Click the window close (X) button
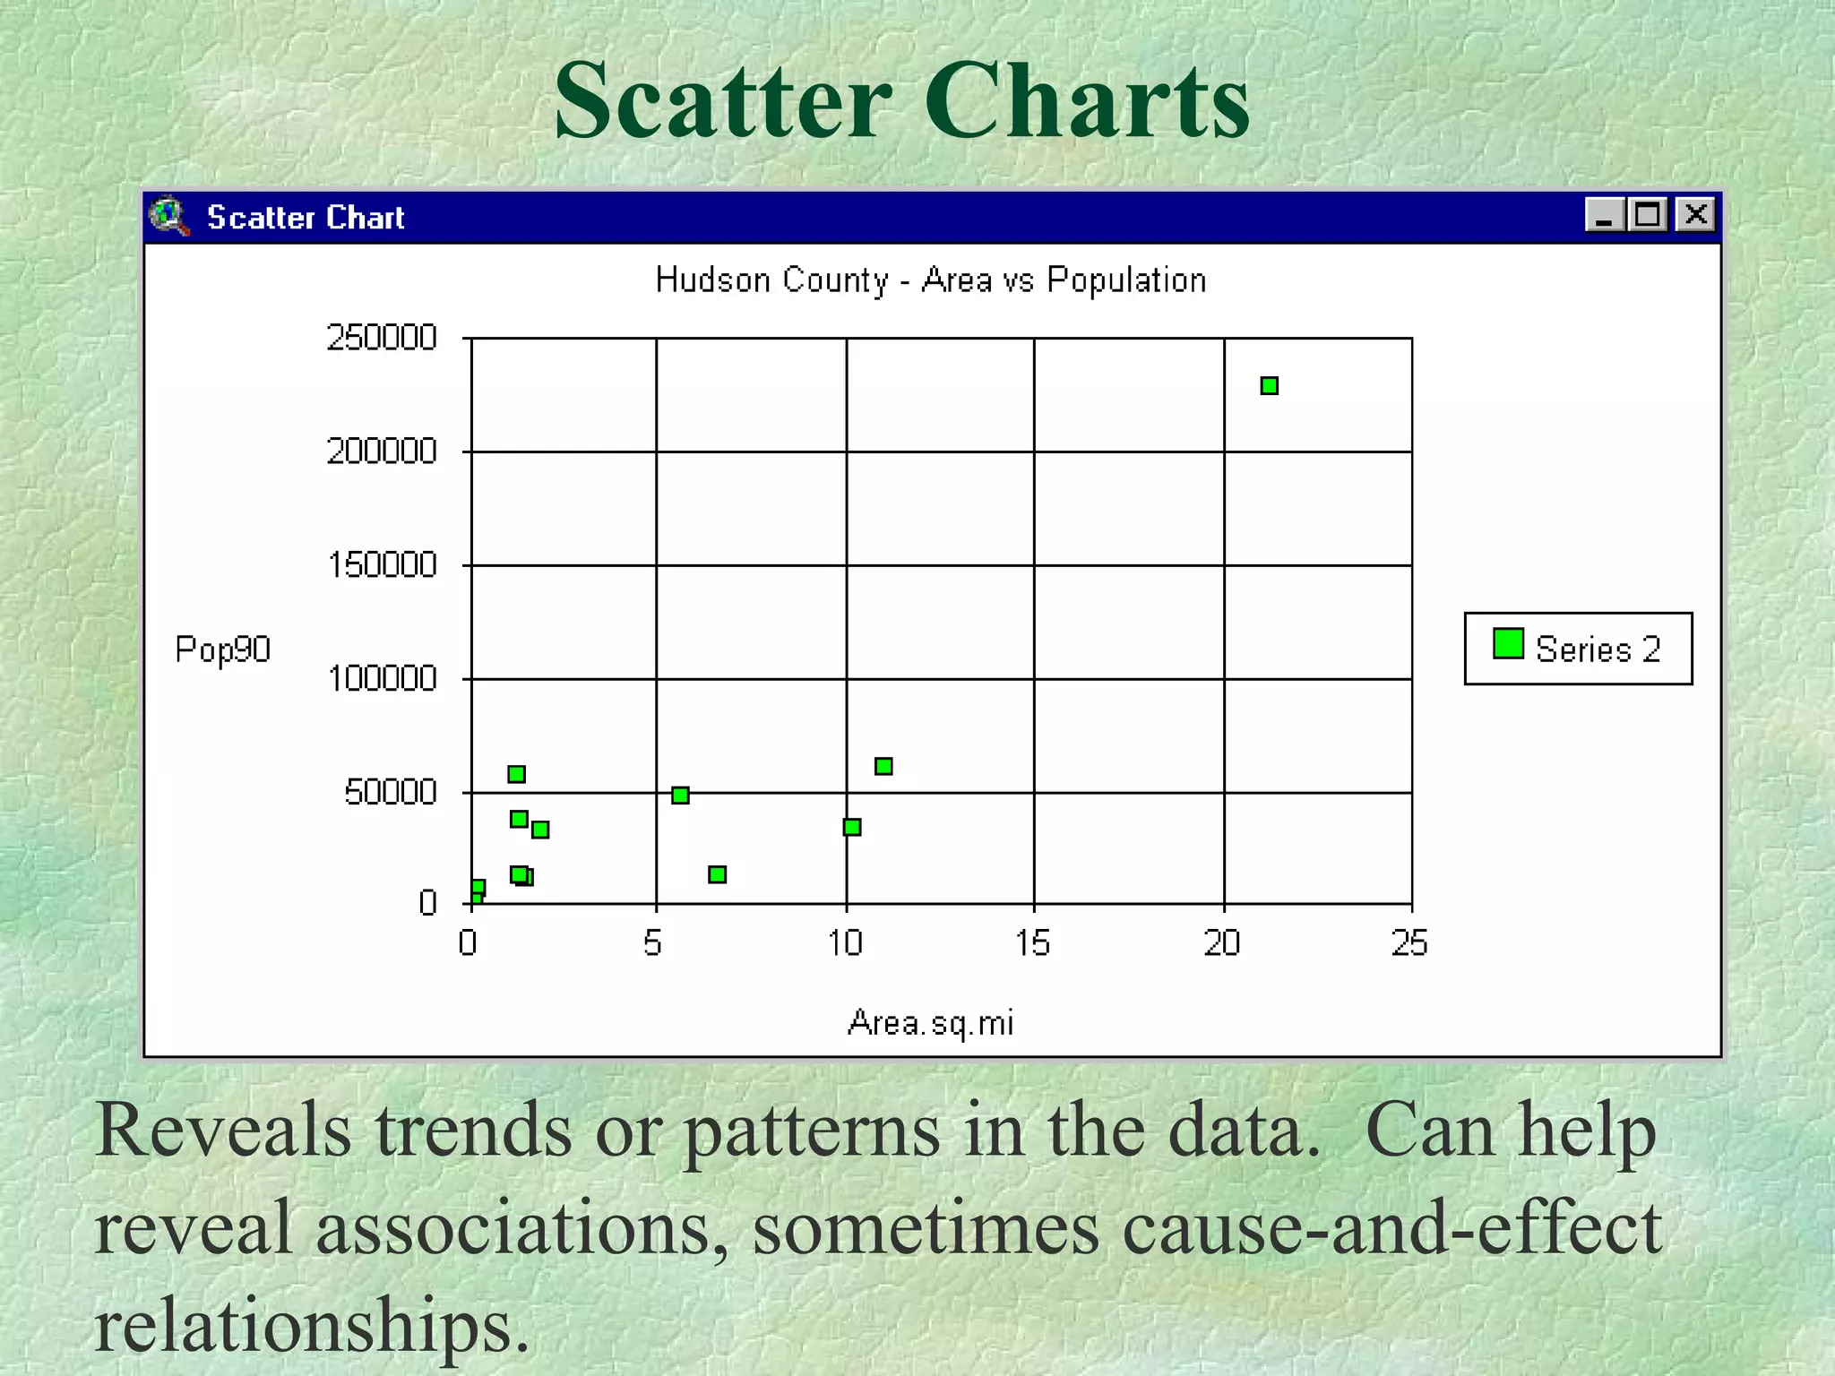(x=1695, y=215)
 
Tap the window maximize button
(x=1647, y=215)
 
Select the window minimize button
(x=1604, y=215)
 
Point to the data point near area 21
(x=1269, y=386)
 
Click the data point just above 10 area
(x=852, y=827)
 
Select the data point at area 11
(x=883, y=766)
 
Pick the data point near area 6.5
(x=717, y=874)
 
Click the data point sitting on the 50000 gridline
(x=680, y=795)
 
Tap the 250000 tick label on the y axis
(x=381, y=338)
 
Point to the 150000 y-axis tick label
(x=382, y=565)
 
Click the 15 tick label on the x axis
(x=1032, y=943)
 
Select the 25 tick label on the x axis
(x=1409, y=943)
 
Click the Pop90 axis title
(x=222, y=649)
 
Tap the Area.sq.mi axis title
(x=930, y=1023)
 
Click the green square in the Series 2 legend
(x=1509, y=644)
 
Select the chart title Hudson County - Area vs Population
(x=931, y=280)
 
